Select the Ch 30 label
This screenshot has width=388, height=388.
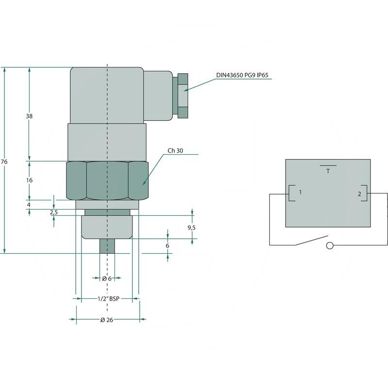tap(175, 151)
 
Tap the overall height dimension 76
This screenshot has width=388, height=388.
tap(4, 162)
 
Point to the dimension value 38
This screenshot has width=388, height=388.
tap(30, 116)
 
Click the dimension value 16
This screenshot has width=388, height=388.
tap(30, 180)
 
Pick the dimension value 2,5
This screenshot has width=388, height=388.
tap(54, 212)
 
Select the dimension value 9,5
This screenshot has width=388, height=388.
tap(192, 227)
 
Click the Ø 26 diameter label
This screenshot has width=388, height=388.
tap(107, 320)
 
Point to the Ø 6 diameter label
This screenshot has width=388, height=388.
tap(107, 278)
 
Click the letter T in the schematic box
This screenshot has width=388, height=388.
tap(328, 171)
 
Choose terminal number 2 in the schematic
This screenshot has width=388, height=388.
tap(359, 194)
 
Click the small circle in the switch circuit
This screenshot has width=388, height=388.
tap(330, 245)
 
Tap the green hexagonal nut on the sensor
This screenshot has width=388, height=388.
tap(107, 180)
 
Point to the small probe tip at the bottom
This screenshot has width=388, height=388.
tap(107, 246)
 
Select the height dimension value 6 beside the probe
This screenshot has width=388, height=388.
tap(168, 246)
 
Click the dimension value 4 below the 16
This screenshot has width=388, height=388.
tap(30, 205)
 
